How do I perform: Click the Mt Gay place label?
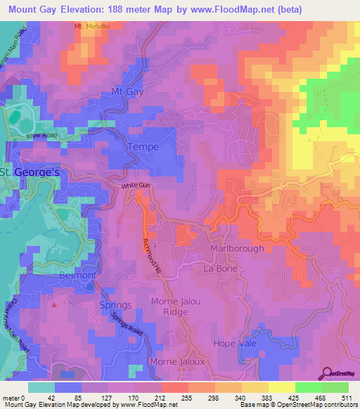point(127,92)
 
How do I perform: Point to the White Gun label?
point(136,186)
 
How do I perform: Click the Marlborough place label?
point(238,248)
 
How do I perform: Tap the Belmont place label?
point(77,275)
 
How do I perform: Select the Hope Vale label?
point(235,342)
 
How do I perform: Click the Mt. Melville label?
point(93,26)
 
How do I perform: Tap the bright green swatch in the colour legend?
point(335,387)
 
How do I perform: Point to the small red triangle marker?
point(53,306)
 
